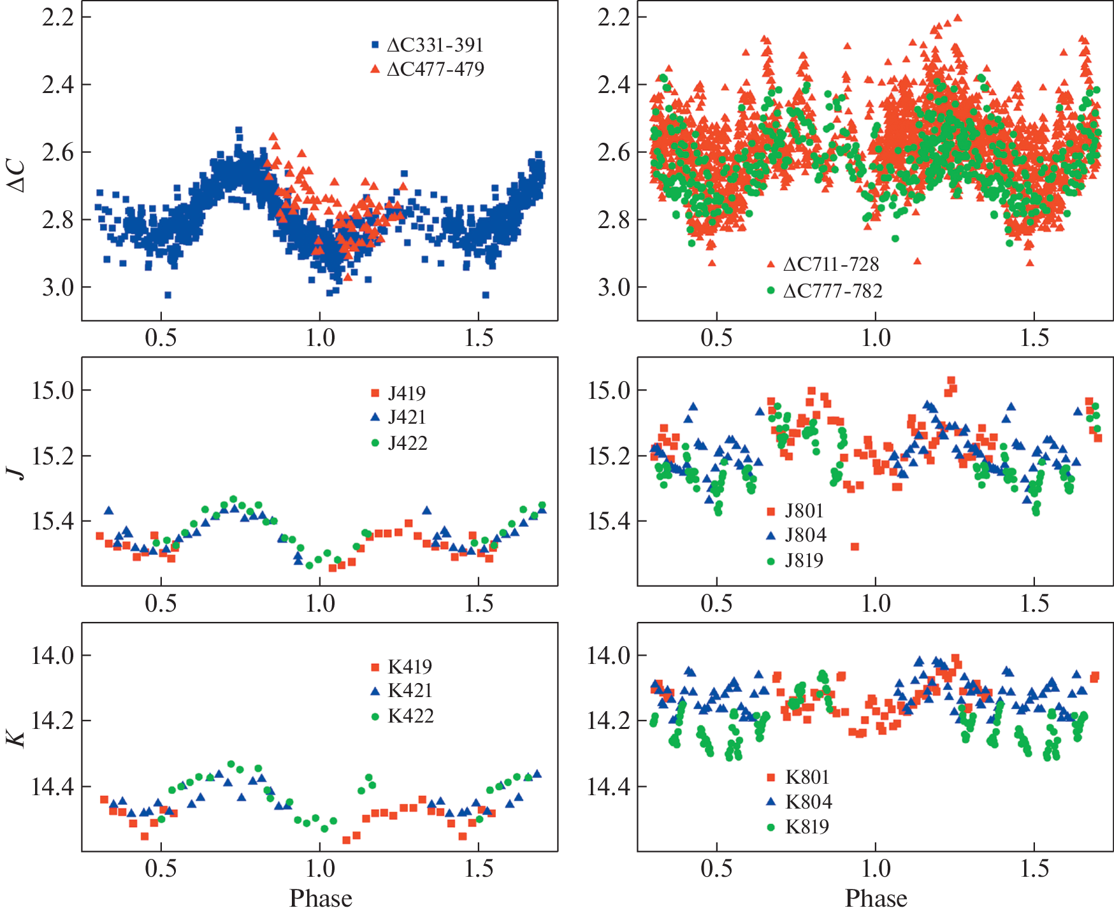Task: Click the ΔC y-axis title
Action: (x=17, y=175)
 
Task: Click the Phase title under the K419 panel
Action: (x=321, y=898)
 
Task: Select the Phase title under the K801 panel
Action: (x=876, y=898)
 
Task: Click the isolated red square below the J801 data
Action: (x=855, y=547)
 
